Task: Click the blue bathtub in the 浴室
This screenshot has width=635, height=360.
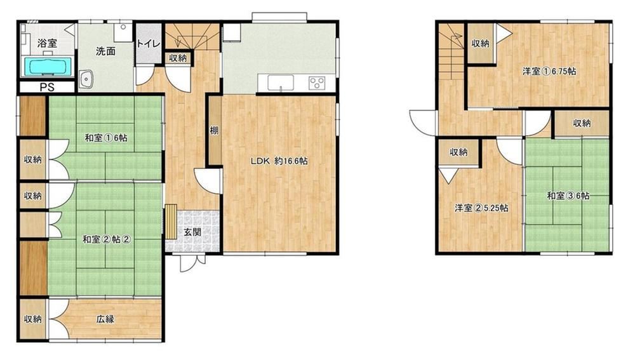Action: tap(48, 66)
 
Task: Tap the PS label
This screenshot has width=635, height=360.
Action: tap(47, 87)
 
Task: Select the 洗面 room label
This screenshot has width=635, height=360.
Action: tap(105, 51)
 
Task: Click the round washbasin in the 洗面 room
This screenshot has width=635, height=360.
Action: tap(86, 79)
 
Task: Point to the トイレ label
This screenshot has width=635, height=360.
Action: tap(148, 44)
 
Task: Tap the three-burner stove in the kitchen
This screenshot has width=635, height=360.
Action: tap(317, 83)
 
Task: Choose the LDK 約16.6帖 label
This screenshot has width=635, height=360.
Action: tap(279, 161)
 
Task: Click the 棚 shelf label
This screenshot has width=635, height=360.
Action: tap(214, 130)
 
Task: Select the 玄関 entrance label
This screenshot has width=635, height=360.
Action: tap(192, 232)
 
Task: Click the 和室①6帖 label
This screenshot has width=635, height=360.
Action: tap(105, 138)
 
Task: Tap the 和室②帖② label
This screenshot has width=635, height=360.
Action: tap(106, 239)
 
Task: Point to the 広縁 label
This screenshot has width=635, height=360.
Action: tap(105, 319)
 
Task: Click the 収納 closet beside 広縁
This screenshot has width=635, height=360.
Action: tap(33, 319)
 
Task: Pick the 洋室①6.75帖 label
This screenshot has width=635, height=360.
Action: tap(549, 71)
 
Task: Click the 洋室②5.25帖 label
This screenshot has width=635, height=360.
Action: tap(481, 208)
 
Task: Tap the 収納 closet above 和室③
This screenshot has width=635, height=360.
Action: tap(582, 124)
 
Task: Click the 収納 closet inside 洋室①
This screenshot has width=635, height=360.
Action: tap(480, 43)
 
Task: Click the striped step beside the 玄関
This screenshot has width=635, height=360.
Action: tap(171, 222)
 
